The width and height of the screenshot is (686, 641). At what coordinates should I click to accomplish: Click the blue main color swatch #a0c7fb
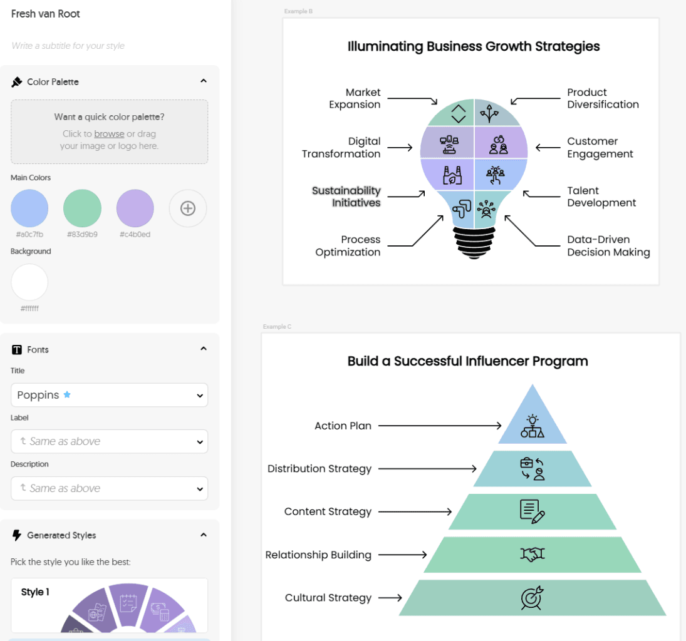click(x=29, y=208)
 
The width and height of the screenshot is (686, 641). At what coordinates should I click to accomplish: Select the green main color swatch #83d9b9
click(x=82, y=208)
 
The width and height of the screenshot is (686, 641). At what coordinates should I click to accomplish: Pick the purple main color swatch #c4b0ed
click(x=135, y=208)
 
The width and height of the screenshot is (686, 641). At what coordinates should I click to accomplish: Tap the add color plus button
click(x=188, y=208)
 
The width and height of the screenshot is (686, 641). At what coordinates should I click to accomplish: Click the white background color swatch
click(x=29, y=282)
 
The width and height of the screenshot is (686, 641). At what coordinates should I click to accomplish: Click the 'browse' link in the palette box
click(x=109, y=134)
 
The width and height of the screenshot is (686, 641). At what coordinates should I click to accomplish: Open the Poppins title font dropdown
click(x=110, y=395)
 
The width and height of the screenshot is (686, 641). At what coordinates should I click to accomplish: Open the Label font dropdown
click(x=110, y=441)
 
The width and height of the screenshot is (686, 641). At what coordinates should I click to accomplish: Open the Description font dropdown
click(x=110, y=488)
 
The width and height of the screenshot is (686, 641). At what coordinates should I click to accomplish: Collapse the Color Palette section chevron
click(x=204, y=81)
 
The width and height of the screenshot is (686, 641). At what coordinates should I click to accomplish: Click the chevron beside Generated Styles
click(x=204, y=535)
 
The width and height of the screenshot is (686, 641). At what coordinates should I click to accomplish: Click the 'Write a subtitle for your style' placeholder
click(x=68, y=46)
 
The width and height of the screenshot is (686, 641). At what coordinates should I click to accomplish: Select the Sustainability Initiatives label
click(x=346, y=197)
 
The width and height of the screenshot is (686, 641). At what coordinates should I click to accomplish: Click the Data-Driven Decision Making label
click(x=608, y=246)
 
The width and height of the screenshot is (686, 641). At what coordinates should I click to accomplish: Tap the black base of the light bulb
click(x=474, y=243)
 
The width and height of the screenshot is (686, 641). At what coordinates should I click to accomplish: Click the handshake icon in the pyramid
click(x=533, y=555)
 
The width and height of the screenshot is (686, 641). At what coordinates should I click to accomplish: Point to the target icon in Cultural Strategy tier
click(x=532, y=598)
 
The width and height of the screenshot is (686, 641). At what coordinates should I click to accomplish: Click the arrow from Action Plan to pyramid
click(x=440, y=426)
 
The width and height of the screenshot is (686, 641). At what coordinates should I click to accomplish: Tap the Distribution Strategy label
click(x=320, y=469)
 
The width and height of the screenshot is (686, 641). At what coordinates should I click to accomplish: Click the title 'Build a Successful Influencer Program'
click(x=468, y=361)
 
